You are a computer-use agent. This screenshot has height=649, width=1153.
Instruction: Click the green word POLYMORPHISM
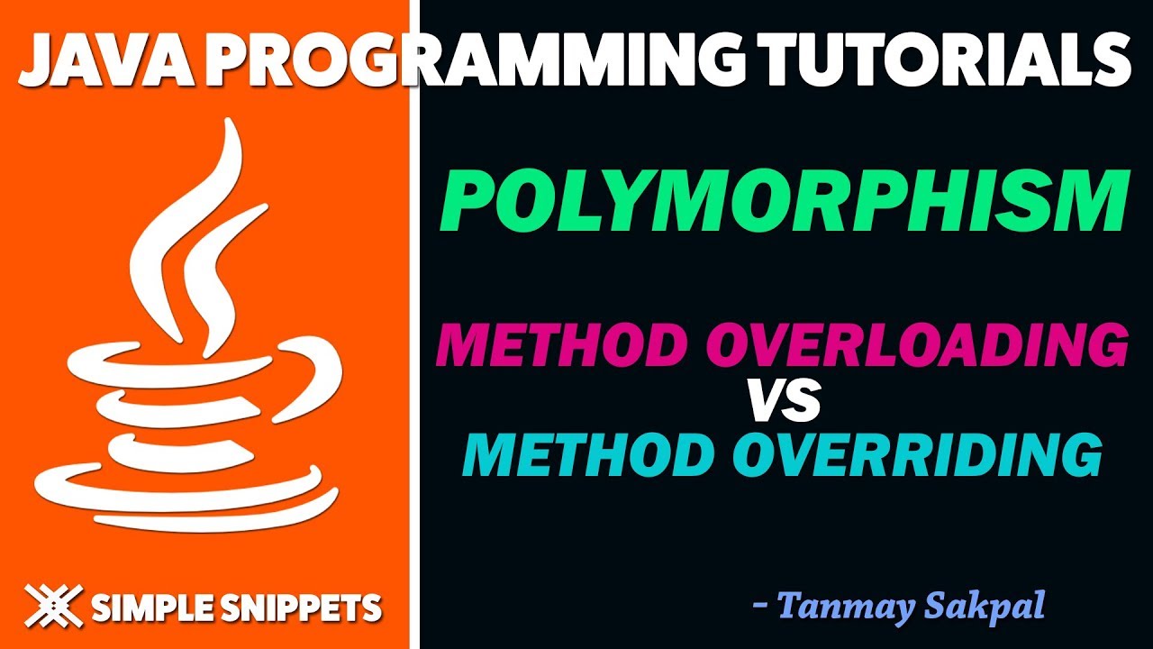tap(783, 206)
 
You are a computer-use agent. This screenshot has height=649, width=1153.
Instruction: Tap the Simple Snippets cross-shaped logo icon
tap(53, 606)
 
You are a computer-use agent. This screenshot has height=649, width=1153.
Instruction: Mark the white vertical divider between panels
tap(414, 361)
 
